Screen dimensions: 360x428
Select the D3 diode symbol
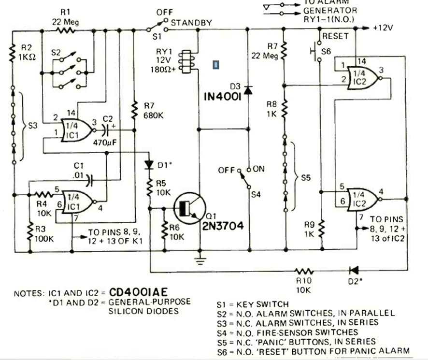tap(248, 90)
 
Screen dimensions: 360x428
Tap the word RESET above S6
tap(335, 36)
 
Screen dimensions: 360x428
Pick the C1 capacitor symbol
tap(89, 181)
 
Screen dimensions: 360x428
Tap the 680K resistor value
tap(154, 116)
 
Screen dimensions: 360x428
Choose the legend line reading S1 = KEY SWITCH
tap(253, 304)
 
